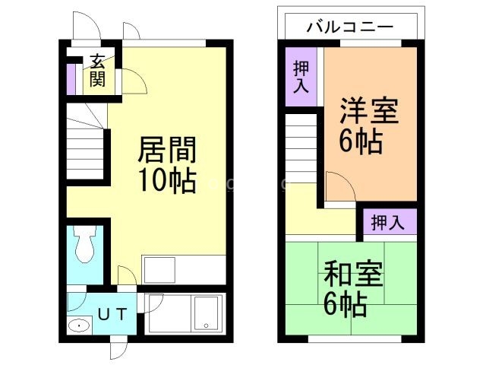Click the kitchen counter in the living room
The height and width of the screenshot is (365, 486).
coord(183,268)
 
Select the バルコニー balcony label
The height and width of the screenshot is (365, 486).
coord(350,27)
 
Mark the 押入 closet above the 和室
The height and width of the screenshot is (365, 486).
coord(388,222)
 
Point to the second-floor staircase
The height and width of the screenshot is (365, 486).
coord(302,148)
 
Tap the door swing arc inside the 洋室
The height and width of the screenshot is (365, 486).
coord(339,186)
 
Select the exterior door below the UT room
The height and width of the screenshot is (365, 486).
coord(117,348)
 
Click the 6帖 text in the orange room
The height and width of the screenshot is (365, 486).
coord(361,141)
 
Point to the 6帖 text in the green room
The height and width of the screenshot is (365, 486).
coord(346,303)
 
